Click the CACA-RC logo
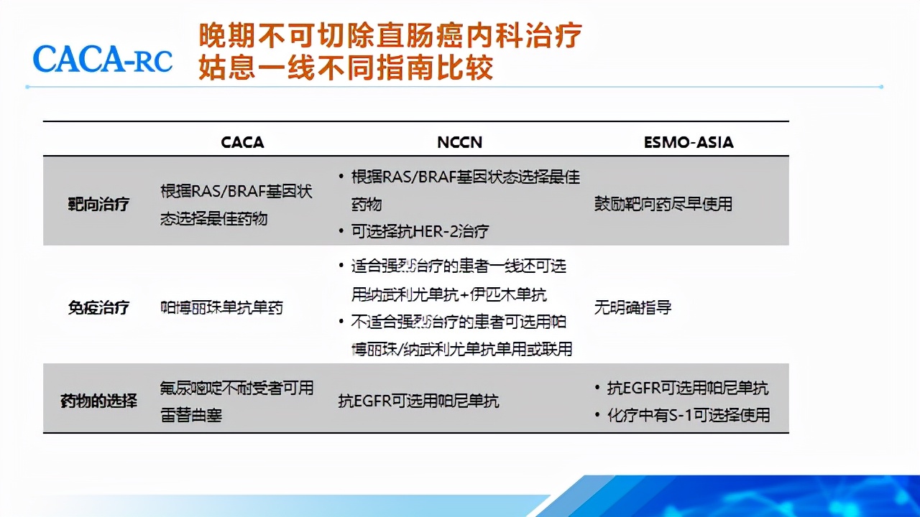click(x=103, y=59)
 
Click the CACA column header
click(x=242, y=142)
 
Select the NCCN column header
click(x=459, y=142)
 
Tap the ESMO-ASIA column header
click(x=689, y=142)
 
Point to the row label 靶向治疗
click(x=98, y=204)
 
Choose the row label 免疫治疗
click(x=98, y=308)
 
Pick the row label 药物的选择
click(x=98, y=401)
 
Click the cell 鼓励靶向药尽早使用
click(x=663, y=204)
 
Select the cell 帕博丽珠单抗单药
click(x=221, y=308)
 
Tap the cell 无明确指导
click(x=632, y=308)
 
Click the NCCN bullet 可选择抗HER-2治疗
click(x=420, y=231)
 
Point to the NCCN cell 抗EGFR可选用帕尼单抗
click(x=418, y=401)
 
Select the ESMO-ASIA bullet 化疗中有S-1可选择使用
click(x=689, y=415)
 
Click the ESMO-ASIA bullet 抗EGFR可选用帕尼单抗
click(x=687, y=388)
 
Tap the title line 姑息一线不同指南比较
click(x=346, y=69)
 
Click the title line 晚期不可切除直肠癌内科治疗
click(x=390, y=35)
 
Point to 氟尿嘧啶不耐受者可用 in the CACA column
click(x=236, y=388)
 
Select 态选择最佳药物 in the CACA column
click(x=213, y=218)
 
